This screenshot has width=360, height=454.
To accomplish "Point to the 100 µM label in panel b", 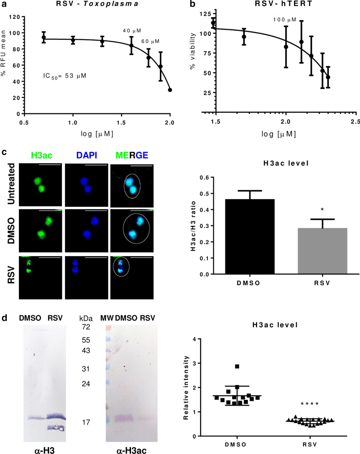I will click(285, 20).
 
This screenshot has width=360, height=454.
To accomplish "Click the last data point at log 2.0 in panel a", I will click(170, 90).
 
